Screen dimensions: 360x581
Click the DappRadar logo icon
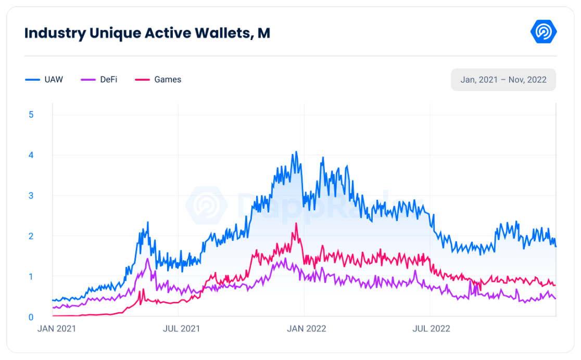tap(544, 32)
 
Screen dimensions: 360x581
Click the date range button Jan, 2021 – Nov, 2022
tap(503, 80)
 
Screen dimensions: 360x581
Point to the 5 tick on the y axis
tap(31, 114)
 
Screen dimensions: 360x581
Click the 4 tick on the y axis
tap(31, 155)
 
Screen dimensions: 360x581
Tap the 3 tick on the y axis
tap(31, 196)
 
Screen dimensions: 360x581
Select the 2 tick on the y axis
tap(31, 236)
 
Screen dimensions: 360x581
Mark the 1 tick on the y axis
tap(31, 276)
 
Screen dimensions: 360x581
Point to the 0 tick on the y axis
tap(31, 317)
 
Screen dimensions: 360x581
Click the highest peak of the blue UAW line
tap(296, 152)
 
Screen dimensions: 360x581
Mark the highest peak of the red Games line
tap(296, 223)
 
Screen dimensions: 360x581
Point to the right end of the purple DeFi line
tap(555, 299)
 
